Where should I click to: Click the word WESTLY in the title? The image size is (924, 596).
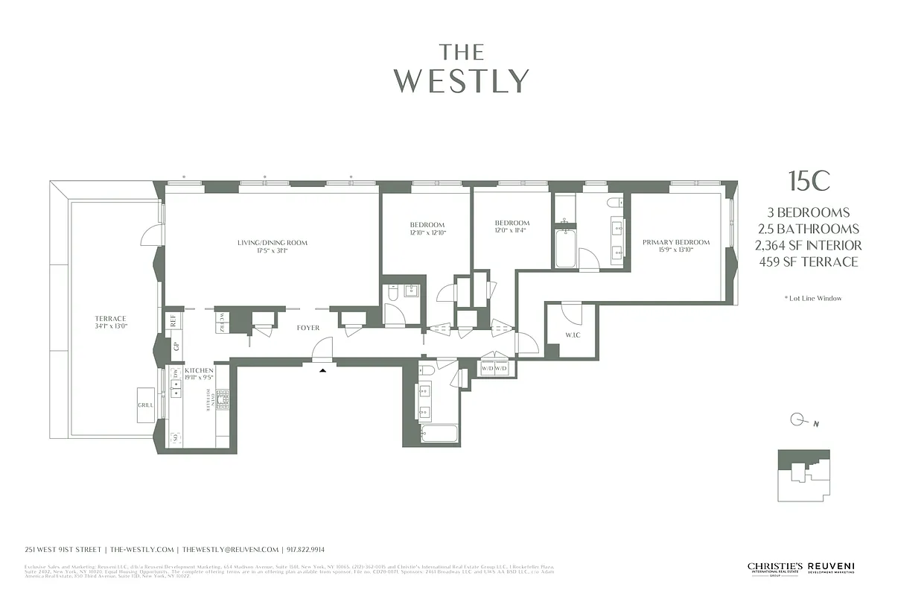(462, 80)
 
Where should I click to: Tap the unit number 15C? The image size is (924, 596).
(809, 181)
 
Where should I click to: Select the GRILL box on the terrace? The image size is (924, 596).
(146, 405)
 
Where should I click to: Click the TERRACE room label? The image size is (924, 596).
(110, 318)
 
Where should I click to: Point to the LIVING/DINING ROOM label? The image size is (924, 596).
(273, 243)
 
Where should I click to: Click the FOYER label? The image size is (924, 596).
(308, 328)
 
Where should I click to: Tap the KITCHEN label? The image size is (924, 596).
(199, 370)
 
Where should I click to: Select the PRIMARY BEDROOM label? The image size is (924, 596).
(676, 242)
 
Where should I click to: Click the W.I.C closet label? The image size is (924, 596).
(572, 335)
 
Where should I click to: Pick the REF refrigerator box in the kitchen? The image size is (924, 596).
(173, 321)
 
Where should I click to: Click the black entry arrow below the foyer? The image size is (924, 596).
(322, 370)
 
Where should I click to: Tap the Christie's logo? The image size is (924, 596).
(774, 568)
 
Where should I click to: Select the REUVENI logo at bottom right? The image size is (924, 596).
(832, 568)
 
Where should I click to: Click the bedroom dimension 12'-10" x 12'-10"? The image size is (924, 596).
(427, 232)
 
